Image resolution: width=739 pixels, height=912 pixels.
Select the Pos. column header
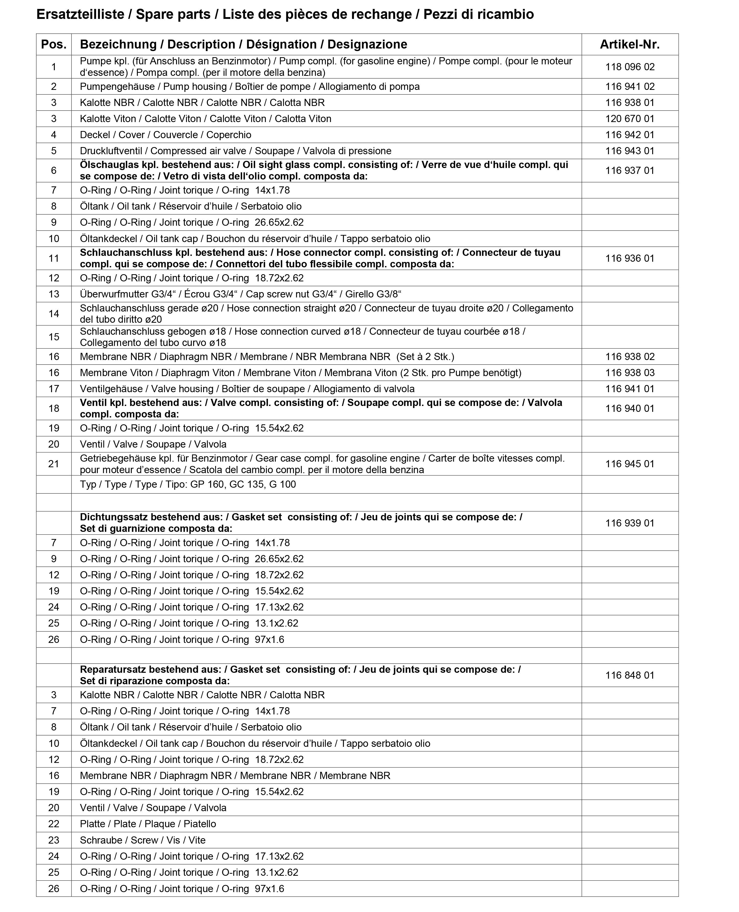54,44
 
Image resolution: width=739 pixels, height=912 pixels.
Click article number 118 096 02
630,67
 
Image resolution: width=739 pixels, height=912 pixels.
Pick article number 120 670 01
630,119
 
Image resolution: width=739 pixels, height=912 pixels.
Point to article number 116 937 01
630,171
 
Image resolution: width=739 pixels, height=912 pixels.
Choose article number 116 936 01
630,258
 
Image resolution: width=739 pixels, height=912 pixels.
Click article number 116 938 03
630,373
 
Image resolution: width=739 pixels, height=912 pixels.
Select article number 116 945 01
630,464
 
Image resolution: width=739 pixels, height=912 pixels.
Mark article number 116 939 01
630,523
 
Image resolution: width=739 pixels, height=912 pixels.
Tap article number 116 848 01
630,675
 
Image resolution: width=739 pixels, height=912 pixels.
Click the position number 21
54,464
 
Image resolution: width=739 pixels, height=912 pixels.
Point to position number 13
54,294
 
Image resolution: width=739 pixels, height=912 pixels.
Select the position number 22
54,824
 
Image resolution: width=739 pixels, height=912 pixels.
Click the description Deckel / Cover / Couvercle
165,135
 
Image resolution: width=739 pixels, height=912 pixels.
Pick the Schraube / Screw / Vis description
142,840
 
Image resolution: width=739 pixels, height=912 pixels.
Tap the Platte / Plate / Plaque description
148,824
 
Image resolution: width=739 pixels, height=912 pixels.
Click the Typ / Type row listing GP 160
188,484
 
